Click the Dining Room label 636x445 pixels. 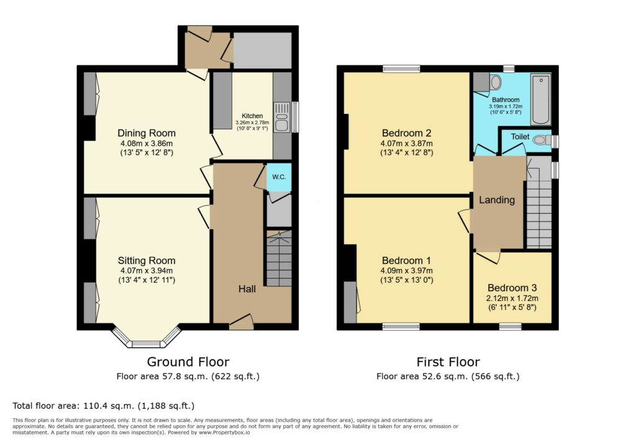tap(147, 133)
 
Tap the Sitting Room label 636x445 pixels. tap(147, 260)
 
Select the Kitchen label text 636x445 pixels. tap(252, 116)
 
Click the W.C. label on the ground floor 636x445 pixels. tap(278, 177)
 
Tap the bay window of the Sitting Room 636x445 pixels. tap(147, 342)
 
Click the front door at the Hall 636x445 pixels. tap(241, 323)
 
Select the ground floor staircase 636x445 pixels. tap(278, 258)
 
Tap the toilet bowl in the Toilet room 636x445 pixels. tap(540, 140)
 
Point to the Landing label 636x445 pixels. tap(496, 200)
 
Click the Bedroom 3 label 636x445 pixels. tap(512, 288)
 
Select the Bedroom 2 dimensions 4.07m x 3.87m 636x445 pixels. tap(407, 144)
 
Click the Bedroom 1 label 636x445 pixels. tap(407, 260)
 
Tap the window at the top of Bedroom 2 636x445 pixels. tap(401, 69)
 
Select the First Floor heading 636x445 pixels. tap(448, 362)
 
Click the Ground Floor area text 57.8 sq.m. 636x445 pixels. tap(188, 377)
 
